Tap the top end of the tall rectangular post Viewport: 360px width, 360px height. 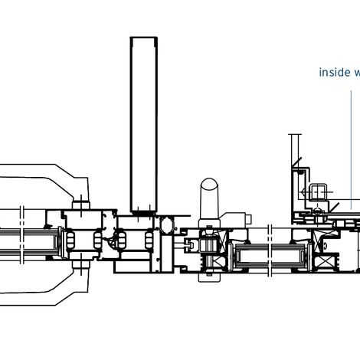point(144,38)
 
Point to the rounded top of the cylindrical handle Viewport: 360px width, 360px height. point(210,185)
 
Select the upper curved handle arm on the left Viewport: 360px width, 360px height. point(46,177)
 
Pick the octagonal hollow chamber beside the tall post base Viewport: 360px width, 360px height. point(165,225)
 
